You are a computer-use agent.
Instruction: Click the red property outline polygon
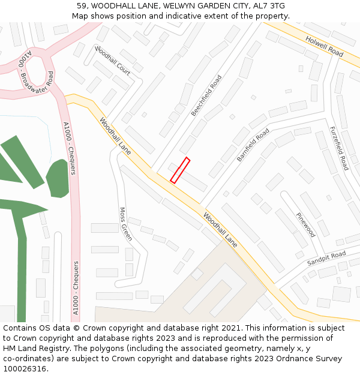(x=180, y=170)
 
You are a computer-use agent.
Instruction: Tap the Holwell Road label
(x=324, y=46)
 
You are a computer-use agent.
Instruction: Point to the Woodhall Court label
(x=112, y=60)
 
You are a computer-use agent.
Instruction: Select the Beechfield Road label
(x=206, y=95)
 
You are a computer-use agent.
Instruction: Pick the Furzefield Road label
(x=338, y=148)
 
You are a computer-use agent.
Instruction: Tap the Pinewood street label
(x=305, y=224)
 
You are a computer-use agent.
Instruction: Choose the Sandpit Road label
(x=326, y=259)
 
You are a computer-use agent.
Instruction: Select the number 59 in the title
(x=82, y=5)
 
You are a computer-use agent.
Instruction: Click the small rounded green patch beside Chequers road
(x=58, y=178)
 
